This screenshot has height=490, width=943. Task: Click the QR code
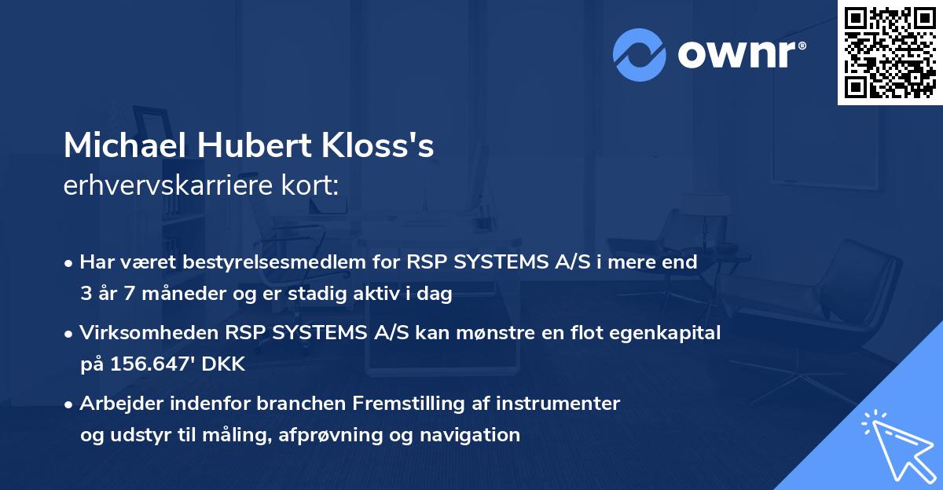point(890,53)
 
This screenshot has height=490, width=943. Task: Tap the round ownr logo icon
point(640,54)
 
